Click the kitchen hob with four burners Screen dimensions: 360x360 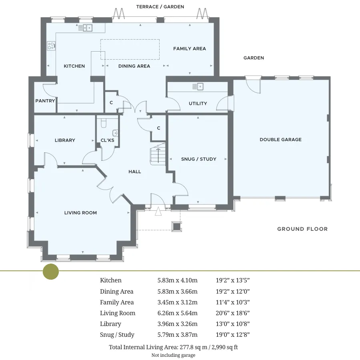click(51, 46)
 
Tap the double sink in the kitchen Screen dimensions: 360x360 click(88, 28)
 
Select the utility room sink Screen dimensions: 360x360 click(200, 86)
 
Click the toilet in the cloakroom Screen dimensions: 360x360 click(104, 123)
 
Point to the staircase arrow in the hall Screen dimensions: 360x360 click(158, 156)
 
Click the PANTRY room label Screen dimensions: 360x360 click(45, 101)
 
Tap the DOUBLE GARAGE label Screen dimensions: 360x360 click(280, 140)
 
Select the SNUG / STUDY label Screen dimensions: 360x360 click(198, 159)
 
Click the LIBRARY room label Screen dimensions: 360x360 click(65, 140)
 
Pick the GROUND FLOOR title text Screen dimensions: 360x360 click(302, 229)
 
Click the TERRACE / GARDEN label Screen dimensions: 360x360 click(160, 7)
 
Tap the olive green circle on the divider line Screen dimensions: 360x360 click(51, 271)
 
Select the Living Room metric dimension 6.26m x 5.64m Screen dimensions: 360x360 click(178, 313)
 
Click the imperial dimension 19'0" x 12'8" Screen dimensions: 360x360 click(232, 335)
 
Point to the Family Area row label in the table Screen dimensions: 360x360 click(117, 302)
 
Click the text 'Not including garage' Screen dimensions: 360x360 click(173, 355)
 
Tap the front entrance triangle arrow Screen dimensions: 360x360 click(158, 212)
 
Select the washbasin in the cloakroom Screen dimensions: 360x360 click(115, 133)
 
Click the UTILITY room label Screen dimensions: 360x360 click(198, 104)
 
